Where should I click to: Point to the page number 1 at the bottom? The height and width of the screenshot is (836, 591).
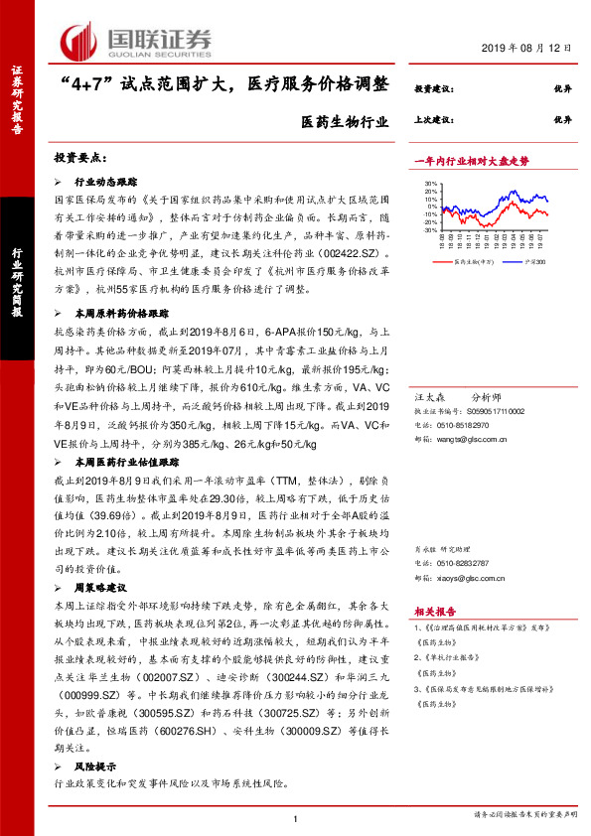tap(295, 817)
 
